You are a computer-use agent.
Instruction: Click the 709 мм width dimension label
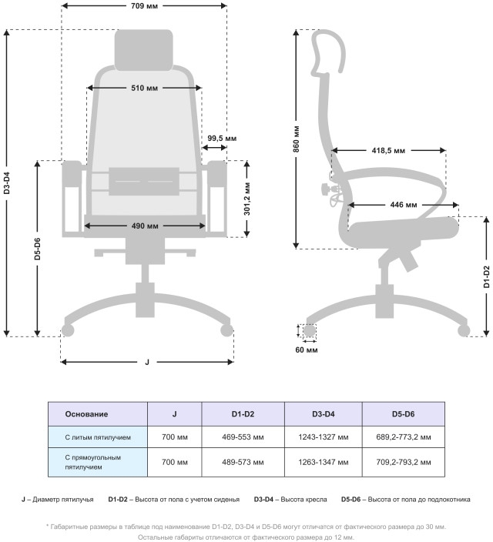click(144, 6)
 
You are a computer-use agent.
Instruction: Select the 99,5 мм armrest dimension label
click(222, 139)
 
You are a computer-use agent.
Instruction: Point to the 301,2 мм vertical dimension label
click(246, 199)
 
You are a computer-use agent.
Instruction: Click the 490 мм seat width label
click(144, 226)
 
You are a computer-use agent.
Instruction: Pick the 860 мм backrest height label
click(296, 139)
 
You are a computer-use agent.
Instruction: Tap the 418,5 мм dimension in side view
click(388, 151)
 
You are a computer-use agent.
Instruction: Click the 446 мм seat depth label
click(403, 205)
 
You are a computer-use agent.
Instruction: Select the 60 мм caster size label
click(306, 350)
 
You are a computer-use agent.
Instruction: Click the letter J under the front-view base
click(147, 361)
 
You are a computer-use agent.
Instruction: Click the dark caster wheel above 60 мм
click(309, 332)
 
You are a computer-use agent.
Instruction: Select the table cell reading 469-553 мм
click(243, 437)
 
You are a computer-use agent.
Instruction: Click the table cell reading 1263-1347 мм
click(323, 462)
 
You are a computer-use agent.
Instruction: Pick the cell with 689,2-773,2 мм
click(404, 437)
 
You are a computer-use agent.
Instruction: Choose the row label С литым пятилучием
click(98, 437)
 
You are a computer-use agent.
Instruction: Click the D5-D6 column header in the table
click(403, 414)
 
